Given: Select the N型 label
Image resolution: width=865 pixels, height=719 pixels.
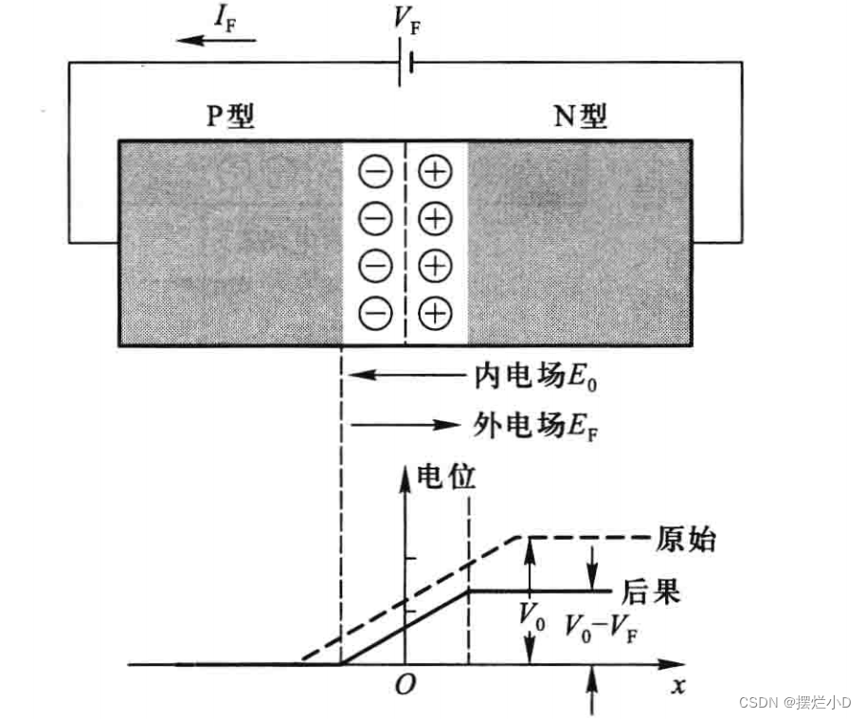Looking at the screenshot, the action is pyautogui.click(x=580, y=117).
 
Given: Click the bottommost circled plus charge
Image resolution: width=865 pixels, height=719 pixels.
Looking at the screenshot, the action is pyautogui.click(x=434, y=312).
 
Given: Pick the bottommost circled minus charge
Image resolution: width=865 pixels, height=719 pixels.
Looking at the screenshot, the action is pyautogui.click(x=375, y=312).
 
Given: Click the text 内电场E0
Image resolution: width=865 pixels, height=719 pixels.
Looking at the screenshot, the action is pyautogui.click(x=536, y=377).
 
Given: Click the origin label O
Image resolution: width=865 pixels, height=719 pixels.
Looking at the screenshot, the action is pyautogui.click(x=405, y=685).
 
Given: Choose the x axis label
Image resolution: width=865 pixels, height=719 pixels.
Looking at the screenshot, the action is pyautogui.click(x=677, y=685).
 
